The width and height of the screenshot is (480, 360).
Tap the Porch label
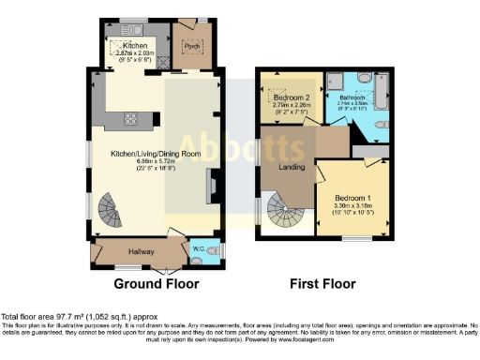tap(189, 43)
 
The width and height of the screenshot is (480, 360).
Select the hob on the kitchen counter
tap(130, 118)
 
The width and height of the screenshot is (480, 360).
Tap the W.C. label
tap(198, 249)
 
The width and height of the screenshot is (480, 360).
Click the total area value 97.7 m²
tap(73, 319)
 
